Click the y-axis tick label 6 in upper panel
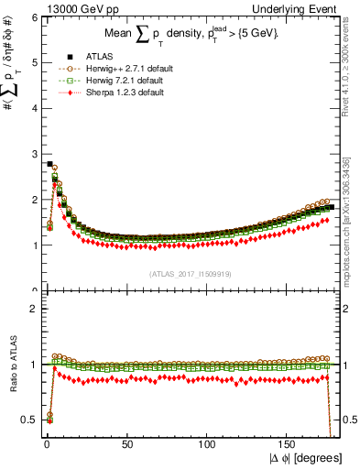pos(31,17)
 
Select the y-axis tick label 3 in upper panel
pos(31,154)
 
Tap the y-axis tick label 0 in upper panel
pos(31,290)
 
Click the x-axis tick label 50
pos(127,444)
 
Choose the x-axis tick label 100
pos(208,444)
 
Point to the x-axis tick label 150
pos(289,444)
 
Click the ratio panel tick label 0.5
pos(27,420)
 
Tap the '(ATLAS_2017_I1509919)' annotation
pos(188,273)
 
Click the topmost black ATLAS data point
pos(49,164)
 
